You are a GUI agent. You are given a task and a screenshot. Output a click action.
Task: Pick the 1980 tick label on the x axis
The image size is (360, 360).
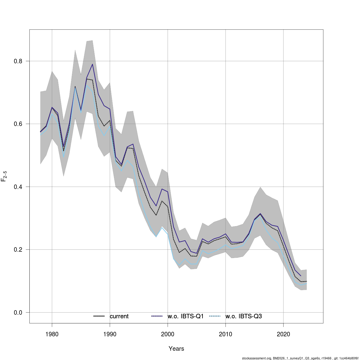pos(52,334)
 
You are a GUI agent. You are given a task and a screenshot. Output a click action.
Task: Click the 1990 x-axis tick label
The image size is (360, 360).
pos(110,334)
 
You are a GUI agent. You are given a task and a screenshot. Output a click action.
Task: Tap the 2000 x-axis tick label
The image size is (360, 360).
pos(168,334)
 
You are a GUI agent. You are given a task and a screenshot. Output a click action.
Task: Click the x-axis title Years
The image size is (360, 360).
pos(176,349)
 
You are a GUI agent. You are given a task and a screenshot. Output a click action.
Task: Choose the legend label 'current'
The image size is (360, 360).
pos(119,316)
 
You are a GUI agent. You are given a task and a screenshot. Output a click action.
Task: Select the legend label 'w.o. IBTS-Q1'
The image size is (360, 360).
pos(186,316)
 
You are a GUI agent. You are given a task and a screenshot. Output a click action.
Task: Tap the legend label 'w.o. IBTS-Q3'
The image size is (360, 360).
pos(244,316)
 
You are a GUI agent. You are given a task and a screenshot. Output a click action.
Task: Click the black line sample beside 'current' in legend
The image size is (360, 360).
pos(99,316)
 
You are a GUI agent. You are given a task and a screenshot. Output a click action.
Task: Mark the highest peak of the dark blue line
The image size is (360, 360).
pos(92,64)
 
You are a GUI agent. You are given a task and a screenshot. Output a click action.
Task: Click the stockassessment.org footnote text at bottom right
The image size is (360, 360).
pos(300,358)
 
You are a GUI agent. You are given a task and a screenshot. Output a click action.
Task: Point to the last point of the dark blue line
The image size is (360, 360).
pos(301,276)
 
